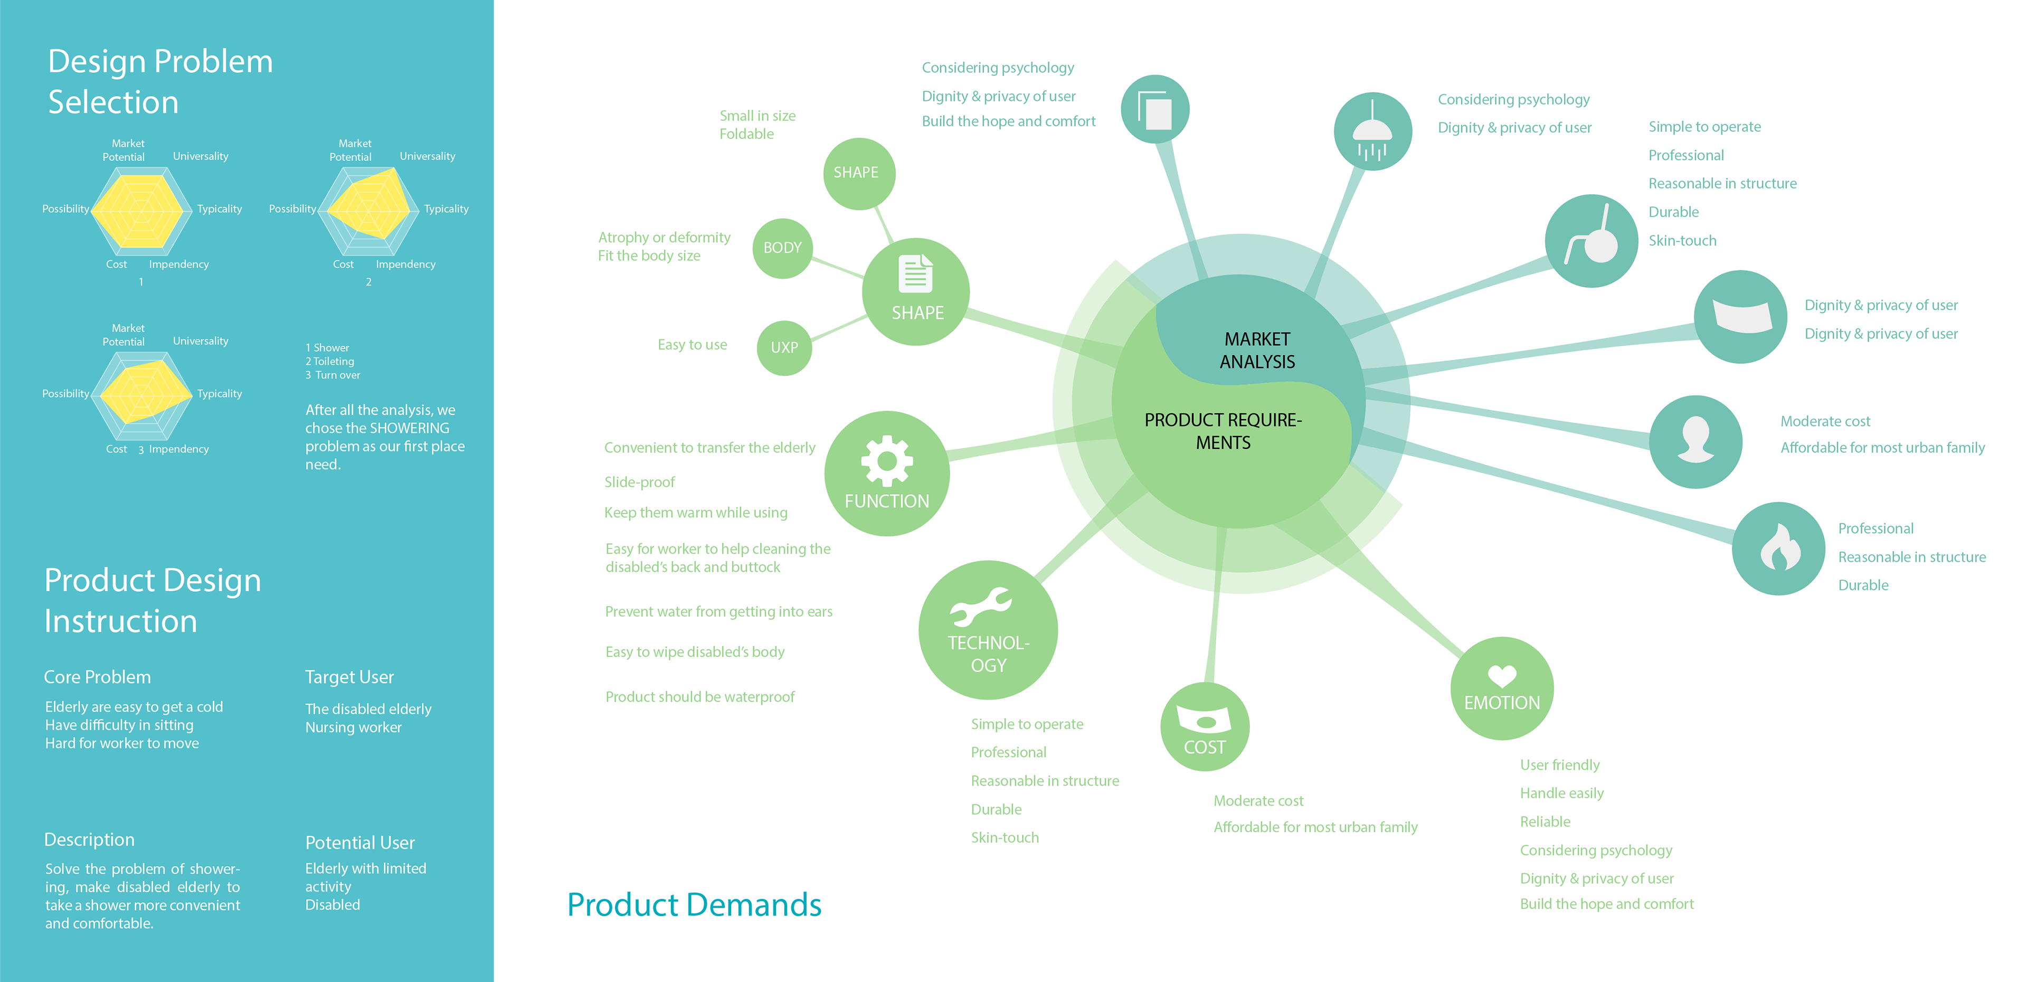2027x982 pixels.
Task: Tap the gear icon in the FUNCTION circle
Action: (887, 460)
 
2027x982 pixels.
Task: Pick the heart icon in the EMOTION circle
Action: (1501, 675)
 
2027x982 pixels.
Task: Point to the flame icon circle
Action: (1778, 549)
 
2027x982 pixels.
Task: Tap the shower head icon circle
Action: (1372, 131)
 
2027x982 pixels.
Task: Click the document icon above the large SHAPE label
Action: (915, 274)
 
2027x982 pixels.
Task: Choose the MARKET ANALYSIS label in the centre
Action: (1257, 350)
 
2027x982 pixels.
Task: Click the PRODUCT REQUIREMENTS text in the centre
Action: (1223, 431)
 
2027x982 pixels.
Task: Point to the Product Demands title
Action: (694, 905)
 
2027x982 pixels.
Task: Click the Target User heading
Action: (349, 677)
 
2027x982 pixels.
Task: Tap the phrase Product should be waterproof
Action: (699, 697)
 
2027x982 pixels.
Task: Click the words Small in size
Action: (757, 116)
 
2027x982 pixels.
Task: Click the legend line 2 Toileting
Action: (330, 361)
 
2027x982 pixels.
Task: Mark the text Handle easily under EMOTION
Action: (1561, 793)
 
